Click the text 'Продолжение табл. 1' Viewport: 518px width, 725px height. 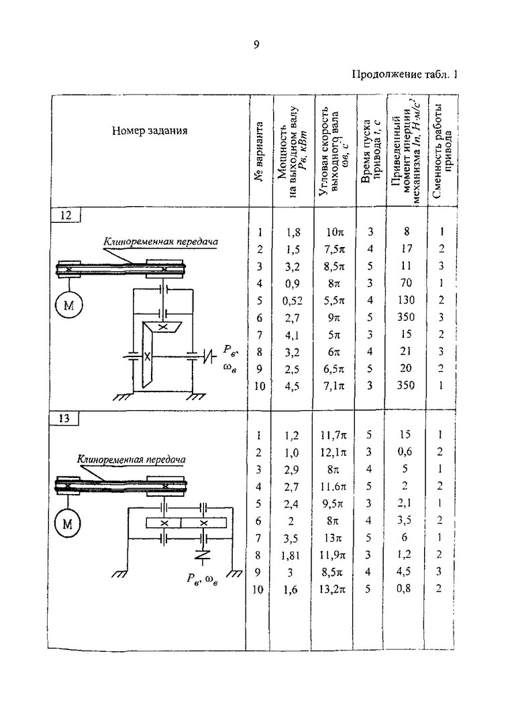[405, 75]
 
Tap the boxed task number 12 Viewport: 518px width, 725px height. [66, 215]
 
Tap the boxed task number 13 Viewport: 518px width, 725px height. [66, 418]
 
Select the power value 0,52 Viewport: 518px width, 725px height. [292, 299]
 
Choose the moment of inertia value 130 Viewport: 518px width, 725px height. [405, 299]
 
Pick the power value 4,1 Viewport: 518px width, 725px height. [292, 334]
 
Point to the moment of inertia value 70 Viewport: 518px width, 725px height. [405, 283]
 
